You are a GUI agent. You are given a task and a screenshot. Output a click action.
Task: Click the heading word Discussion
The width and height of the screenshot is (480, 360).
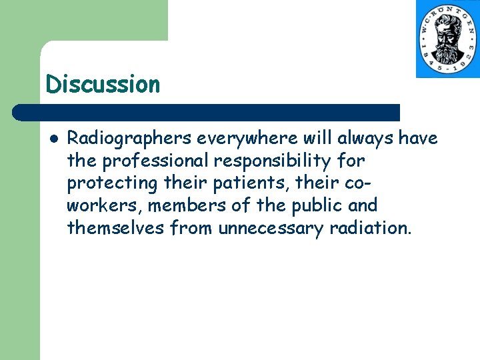pyautogui.click(x=103, y=85)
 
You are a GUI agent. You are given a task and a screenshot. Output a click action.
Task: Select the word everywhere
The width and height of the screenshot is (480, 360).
pyautogui.click(x=237, y=139)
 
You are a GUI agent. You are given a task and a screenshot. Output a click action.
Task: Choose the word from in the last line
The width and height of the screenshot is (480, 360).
pyautogui.click(x=192, y=228)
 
